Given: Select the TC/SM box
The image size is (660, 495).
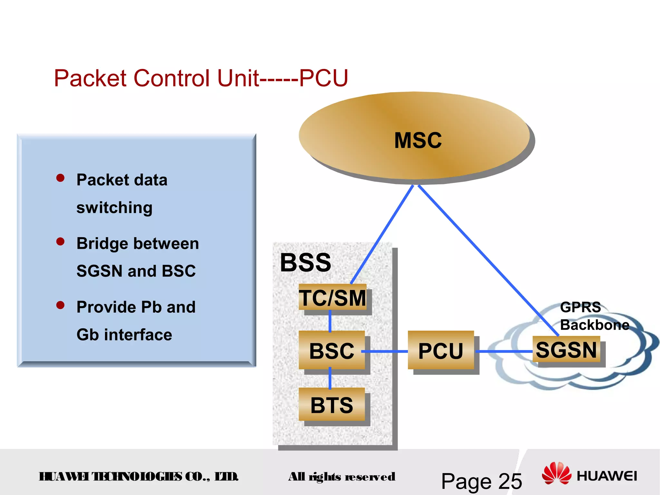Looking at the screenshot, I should click(332, 297).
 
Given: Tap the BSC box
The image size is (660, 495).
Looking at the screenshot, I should click(332, 350).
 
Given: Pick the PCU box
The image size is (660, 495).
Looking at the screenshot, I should click(441, 350).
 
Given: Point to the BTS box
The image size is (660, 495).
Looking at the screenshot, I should click(332, 405).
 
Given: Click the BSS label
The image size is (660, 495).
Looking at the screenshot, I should click(306, 263).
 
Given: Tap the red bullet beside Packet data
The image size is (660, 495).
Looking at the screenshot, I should click(60, 178).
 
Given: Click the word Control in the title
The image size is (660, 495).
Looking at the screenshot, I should click(172, 78).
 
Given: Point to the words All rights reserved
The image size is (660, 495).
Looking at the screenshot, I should click(342, 477).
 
